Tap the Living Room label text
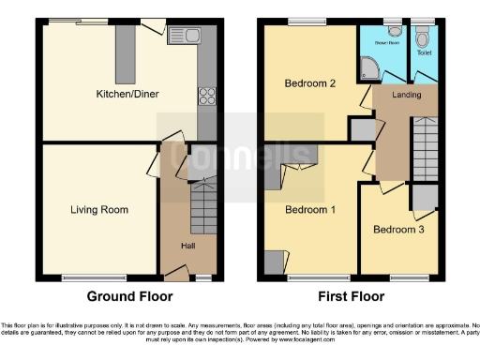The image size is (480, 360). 98,209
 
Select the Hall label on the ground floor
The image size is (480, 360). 188,246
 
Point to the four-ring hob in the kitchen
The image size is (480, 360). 206,96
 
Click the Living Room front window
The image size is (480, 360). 78,277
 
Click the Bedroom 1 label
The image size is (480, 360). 310,209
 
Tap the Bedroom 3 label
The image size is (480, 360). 397,229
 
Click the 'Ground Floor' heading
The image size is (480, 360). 129,297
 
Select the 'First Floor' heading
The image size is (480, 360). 352,297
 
